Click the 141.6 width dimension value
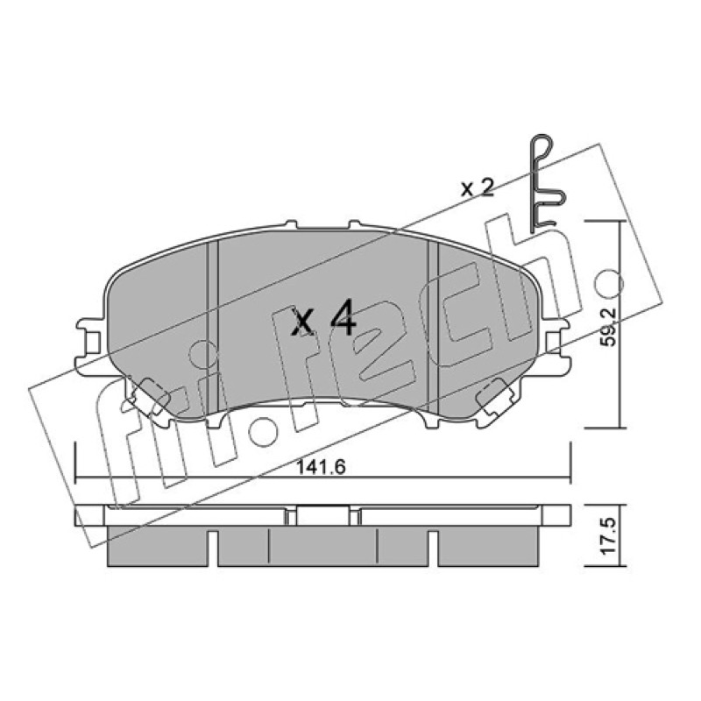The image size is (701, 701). click(x=322, y=468)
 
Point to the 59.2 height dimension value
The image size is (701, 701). click(x=607, y=327)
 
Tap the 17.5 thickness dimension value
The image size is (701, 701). click(x=607, y=536)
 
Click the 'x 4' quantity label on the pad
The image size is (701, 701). click(x=322, y=318)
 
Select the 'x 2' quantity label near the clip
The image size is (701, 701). click(x=477, y=188)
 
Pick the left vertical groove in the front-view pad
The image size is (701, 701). click(x=212, y=326)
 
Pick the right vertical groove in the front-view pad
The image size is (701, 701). click(x=433, y=326)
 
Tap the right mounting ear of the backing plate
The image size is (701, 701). click(x=555, y=343)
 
